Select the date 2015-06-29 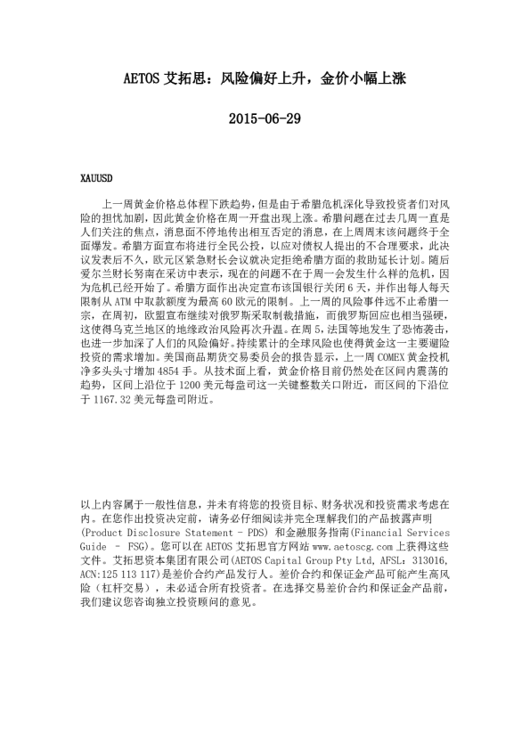(265, 118)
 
